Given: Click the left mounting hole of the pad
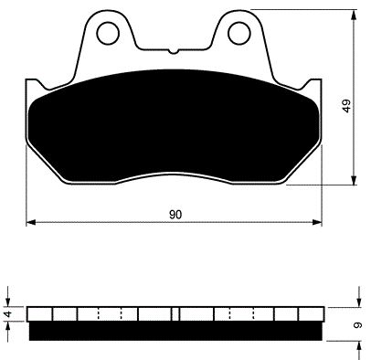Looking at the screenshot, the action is point(108,33).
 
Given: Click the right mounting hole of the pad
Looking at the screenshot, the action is point(239,33).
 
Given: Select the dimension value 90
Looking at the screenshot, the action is point(175,215).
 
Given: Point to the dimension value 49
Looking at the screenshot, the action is point(347,106).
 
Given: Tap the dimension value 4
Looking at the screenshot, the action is point(9,313).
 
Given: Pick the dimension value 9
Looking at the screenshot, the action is point(358,325).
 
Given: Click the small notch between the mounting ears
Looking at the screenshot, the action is point(174,51).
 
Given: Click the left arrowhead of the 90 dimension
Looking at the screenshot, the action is point(31,222).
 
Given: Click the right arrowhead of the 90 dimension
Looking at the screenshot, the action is point(317,222).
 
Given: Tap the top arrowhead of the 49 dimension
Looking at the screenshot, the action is point(354,15).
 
